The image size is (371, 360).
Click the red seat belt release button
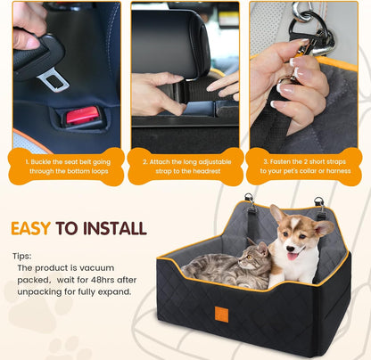(82, 116)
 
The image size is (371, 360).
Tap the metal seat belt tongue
(54, 81)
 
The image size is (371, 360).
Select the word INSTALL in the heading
(112, 228)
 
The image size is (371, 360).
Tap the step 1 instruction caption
(63, 169)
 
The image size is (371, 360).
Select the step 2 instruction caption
(185, 169)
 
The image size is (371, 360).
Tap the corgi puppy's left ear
(277, 215)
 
